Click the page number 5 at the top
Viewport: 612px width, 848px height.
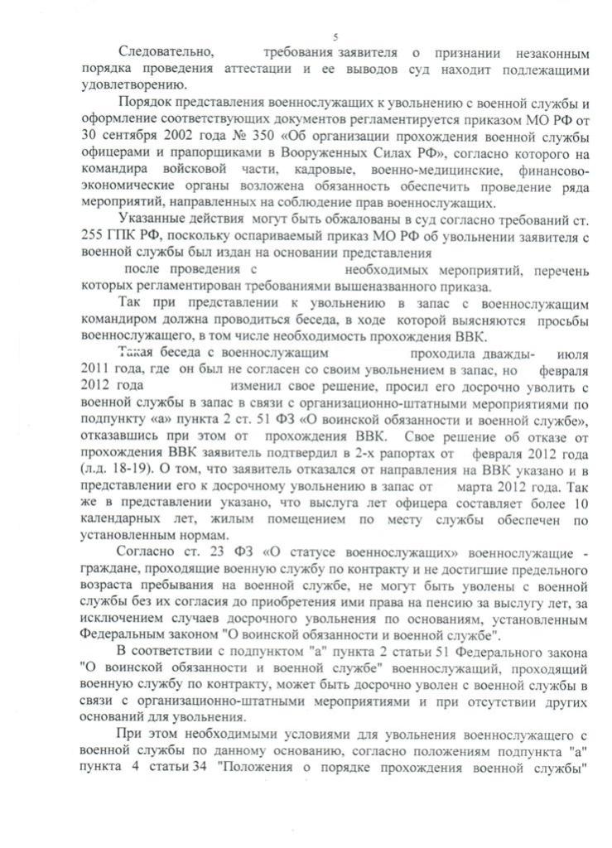point(335,37)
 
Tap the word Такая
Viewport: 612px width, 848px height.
point(141,353)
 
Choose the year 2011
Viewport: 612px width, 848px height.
point(94,369)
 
